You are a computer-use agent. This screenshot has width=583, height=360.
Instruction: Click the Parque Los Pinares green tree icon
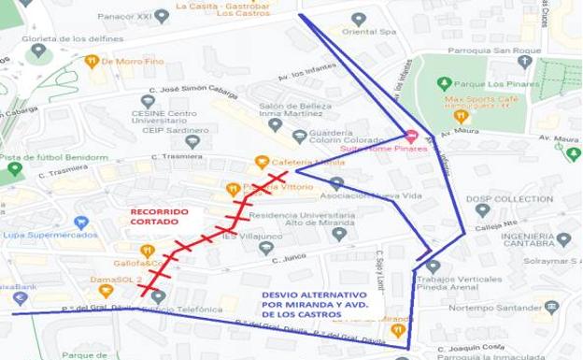pos(445,82)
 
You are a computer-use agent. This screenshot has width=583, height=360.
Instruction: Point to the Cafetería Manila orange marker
pos(263,162)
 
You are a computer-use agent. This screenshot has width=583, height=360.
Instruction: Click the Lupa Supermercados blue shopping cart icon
pos(80,223)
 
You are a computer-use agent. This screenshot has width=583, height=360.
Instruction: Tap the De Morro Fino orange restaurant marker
pos(91,62)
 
